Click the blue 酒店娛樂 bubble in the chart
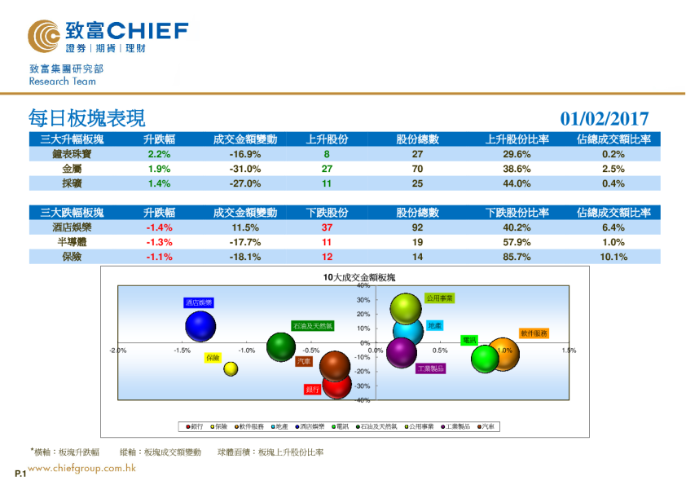click(x=200, y=325)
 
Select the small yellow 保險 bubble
click(x=231, y=368)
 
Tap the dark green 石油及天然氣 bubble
click(x=281, y=346)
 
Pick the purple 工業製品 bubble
click(x=401, y=352)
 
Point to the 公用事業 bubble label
click(x=439, y=298)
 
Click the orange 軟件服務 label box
click(x=534, y=333)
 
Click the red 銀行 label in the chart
click(x=313, y=390)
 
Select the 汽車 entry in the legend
click(x=487, y=426)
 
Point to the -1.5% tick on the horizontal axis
click(x=182, y=351)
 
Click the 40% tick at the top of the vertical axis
click(x=364, y=286)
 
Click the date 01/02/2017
click(x=605, y=119)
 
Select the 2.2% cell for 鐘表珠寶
click(x=159, y=154)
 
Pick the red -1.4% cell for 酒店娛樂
click(x=159, y=227)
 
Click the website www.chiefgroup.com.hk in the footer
click(x=81, y=469)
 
